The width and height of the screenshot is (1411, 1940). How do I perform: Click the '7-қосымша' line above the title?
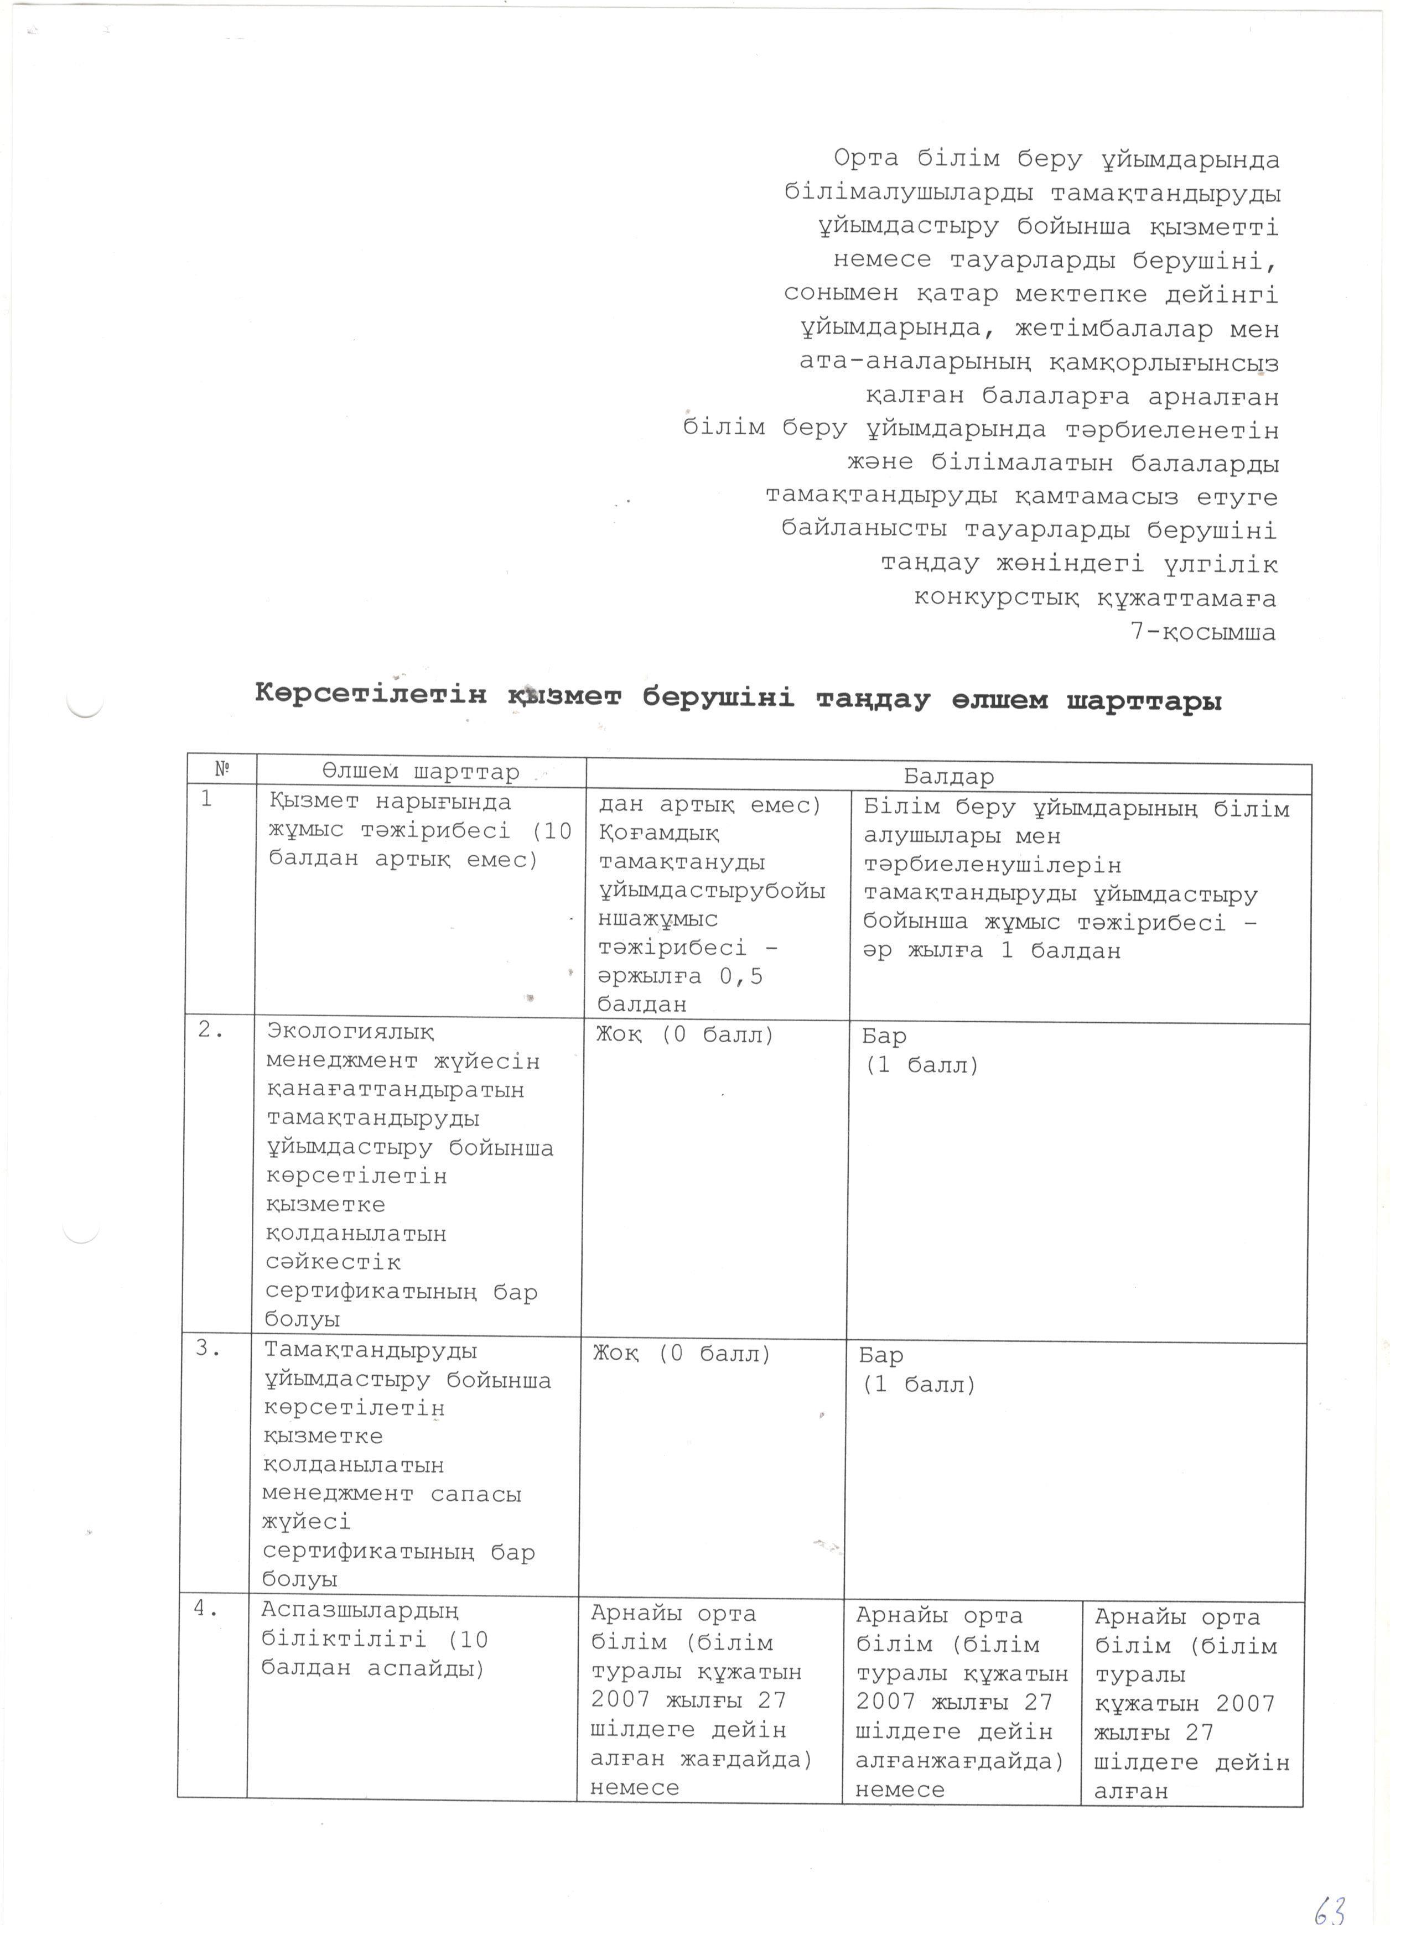click(1202, 632)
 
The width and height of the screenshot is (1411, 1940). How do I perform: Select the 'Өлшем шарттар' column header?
click(421, 772)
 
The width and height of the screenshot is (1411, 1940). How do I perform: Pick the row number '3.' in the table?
click(209, 1349)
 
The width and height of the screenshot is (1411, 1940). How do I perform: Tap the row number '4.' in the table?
click(205, 1608)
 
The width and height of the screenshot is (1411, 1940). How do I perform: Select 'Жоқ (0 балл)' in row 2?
click(684, 1035)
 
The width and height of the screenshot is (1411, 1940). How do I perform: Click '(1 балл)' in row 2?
click(921, 1066)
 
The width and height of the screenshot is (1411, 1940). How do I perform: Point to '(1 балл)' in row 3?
click(918, 1385)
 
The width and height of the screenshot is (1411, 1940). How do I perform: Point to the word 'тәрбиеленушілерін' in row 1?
click(992, 866)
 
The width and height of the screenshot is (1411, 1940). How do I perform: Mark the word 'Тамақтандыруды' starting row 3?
click(371, 1351)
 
